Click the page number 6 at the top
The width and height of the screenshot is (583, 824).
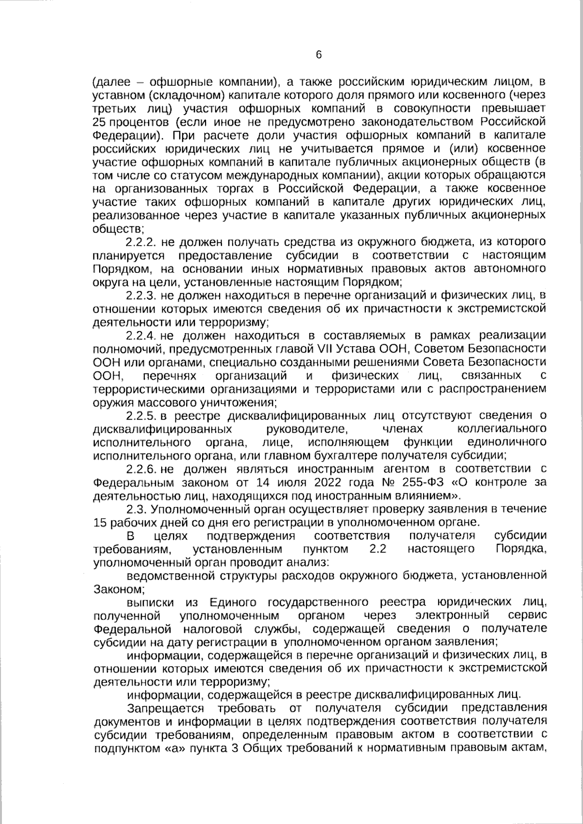click(319, 55)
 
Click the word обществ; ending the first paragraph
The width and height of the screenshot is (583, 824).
click(118, 228)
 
